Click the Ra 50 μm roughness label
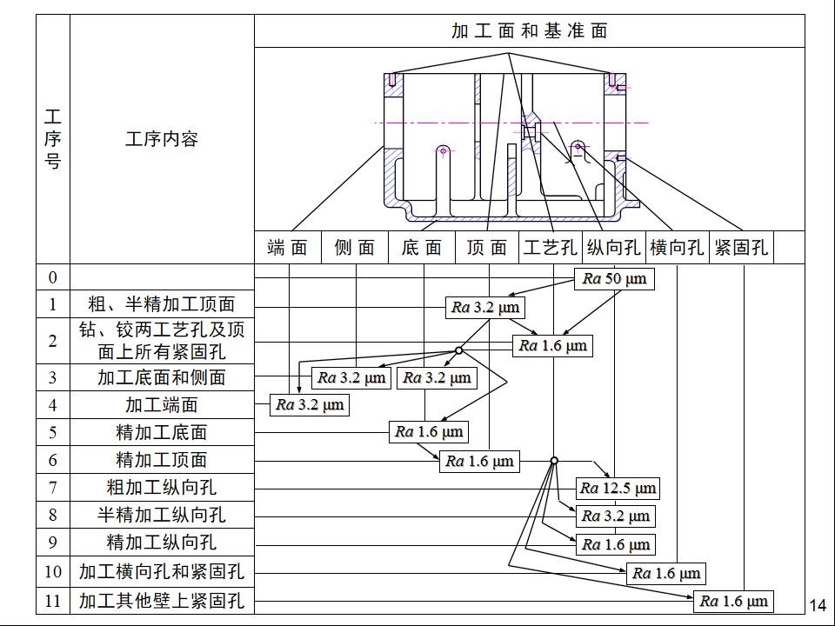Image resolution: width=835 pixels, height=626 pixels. [x=614, y=279]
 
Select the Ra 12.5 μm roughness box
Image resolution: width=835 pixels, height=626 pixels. [x=618, y=488]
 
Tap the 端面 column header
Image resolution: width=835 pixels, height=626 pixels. [x=288, y=248]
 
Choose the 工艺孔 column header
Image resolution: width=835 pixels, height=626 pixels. [x=550, y=248]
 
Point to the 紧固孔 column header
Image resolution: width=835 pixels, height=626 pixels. [x=741, y=248]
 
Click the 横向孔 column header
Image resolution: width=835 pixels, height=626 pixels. [x=677, y=248]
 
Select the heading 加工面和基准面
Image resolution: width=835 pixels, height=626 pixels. [x=529, y=31]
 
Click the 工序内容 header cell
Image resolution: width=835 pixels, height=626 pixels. [x=161, y=139]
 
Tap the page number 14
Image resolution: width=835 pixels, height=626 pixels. [x=818, y=606]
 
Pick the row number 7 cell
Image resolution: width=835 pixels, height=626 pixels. [x=53, y=488]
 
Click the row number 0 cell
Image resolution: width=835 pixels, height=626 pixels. [x=53, y=277]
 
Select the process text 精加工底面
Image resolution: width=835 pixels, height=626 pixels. [x=161, y=432]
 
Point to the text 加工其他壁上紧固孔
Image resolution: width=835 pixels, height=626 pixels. [x=161, y=600]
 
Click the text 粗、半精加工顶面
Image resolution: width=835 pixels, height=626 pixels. [x=161, y=304]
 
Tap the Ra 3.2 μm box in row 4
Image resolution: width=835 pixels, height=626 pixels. [x=310, y=404]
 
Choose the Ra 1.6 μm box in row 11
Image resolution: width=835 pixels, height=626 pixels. [x=734, y=601]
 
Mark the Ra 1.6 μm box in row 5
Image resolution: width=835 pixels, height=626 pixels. [x=429, y=432]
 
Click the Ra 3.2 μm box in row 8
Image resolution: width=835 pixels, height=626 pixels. [x=615, y=516]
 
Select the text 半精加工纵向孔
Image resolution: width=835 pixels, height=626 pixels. [x=161, y=515]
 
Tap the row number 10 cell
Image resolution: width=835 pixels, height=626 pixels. [x=53, y=571]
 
